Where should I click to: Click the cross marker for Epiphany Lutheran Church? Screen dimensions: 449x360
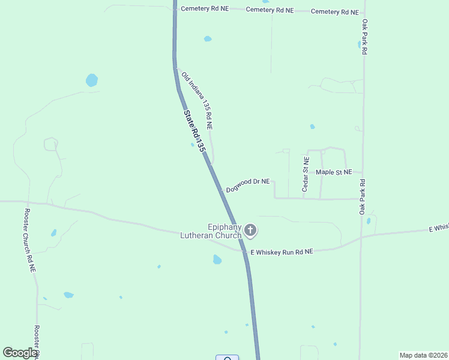click(250, 230)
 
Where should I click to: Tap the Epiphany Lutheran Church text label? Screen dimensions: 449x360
click(211, 232)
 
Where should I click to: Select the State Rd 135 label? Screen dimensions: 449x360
click(194, 130)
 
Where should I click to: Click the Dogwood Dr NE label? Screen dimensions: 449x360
click(248, 185)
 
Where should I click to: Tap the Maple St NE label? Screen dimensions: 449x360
click(334, 172)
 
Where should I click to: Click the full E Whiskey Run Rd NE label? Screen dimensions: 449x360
click(282, 253)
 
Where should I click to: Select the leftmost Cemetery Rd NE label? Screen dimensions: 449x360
click(205, 9)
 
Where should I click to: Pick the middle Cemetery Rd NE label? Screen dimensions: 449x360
click(270, 10)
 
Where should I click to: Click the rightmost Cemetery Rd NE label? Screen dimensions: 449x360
click(335, 12)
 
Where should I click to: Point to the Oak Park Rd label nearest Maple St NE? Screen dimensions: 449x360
click(363, 197)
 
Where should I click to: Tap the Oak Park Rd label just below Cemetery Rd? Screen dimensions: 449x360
click(364, 37)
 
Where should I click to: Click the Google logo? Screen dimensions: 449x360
click(20, 353)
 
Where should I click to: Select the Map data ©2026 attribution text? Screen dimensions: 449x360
click(423, 355)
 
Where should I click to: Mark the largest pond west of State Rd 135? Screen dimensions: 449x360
click(91, 80)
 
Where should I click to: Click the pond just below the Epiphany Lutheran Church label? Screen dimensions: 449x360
click(217, 260)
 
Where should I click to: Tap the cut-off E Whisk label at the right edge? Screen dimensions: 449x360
click(438, 228)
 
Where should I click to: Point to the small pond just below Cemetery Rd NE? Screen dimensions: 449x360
click(208, 39)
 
